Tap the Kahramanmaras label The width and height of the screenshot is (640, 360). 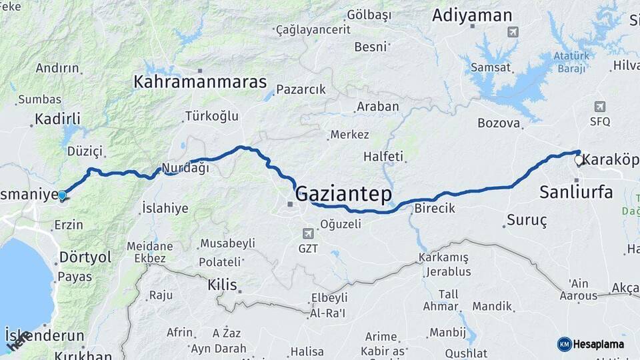coord(200,82)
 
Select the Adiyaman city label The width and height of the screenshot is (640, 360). coord(472,16)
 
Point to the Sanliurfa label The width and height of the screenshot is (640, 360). coord(575,193)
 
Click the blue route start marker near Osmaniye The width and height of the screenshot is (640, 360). coord(62,195)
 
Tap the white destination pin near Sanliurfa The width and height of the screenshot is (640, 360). coord(579,160)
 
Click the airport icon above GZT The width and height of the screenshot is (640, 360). coord(307,233)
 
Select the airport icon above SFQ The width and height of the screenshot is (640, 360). coord(599,107)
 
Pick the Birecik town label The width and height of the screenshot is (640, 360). coord(435,208)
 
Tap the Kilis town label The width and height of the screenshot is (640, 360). coord(222,285)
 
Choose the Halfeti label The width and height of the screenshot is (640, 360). coord(383,157)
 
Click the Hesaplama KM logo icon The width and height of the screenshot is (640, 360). coord(564,344)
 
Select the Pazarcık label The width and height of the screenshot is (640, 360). coord(301,89)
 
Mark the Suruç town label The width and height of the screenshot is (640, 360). coord(527,219)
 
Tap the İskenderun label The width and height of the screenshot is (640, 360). coord(45,335)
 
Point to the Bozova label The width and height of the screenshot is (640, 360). coord(499,123)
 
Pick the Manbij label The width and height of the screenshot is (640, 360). coord(447,332)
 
